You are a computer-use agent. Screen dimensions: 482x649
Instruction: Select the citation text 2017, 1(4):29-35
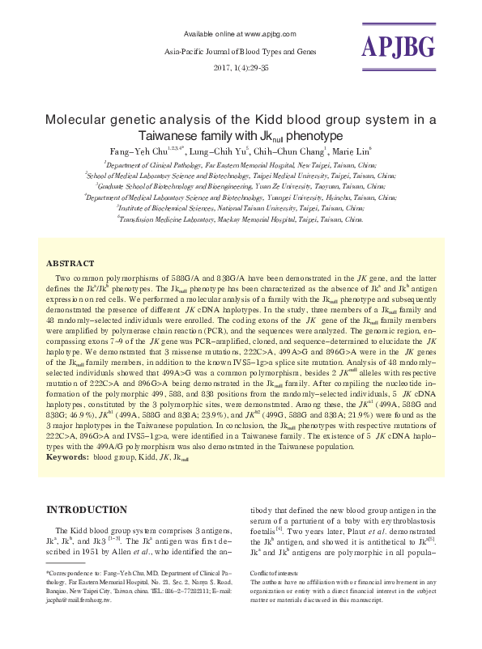click(x=241, y=67)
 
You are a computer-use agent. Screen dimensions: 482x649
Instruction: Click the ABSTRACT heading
click(x=70, y=264)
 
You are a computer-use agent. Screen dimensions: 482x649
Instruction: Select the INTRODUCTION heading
click(x=87, y=510)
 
